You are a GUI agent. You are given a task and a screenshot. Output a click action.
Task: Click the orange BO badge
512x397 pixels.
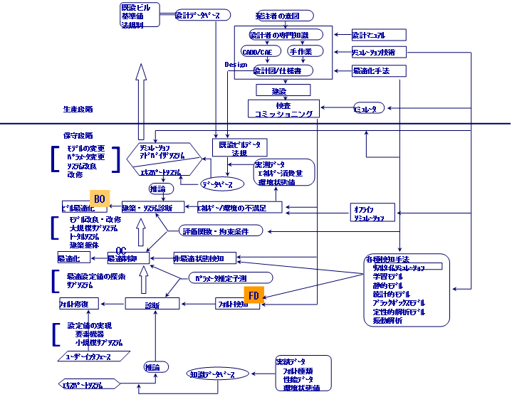pos(100,199)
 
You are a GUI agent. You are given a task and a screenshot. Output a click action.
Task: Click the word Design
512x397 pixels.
pos(236,64)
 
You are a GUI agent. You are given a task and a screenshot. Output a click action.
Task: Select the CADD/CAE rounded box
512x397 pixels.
pos(257,51)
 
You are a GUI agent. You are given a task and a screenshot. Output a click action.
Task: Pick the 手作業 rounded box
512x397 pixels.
pos(305,51)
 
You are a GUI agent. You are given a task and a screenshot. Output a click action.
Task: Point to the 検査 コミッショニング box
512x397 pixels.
pos(283,109)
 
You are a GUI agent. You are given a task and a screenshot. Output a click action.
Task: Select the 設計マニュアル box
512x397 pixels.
pos(379,34)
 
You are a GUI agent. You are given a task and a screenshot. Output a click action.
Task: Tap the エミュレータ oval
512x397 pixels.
pos(370,108)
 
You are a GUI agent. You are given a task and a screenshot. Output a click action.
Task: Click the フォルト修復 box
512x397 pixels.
pos(78,304)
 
